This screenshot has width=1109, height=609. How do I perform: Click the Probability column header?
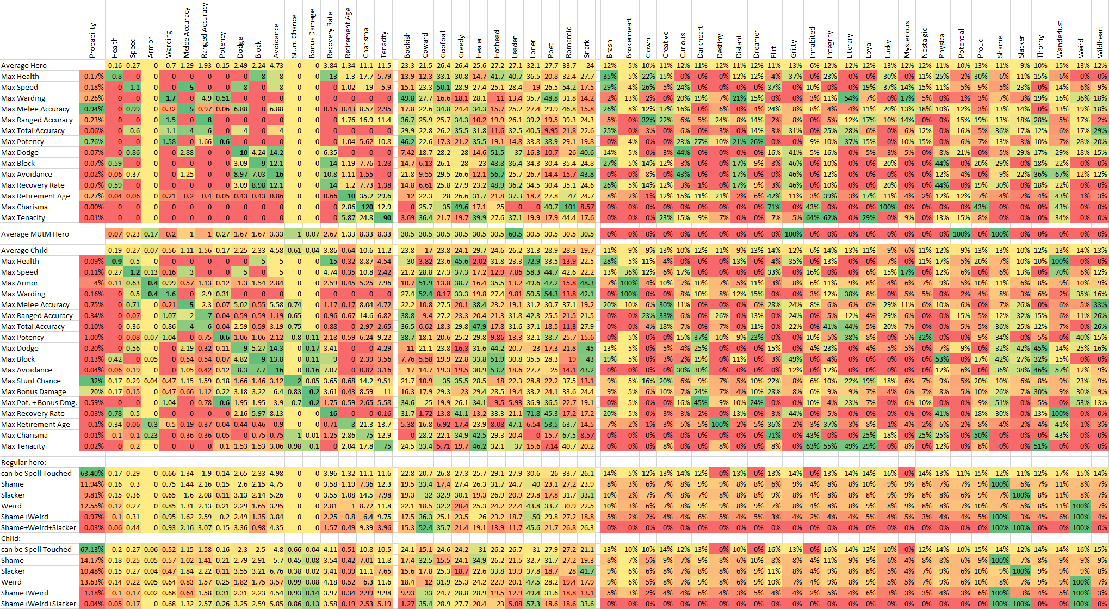(x=92, y=41)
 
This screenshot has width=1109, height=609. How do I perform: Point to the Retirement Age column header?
(x=348, y=33)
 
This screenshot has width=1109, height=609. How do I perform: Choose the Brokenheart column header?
(x=629, y=38)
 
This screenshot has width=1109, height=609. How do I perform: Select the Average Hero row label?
(x=24, y=65)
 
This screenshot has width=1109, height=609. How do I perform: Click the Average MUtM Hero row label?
(x=35, y=234)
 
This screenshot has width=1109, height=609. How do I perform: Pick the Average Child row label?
(x=24, y=250)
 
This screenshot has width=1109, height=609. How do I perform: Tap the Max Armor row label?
(x=20, y=283)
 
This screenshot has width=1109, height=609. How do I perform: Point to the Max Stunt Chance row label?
(x=31, y=381)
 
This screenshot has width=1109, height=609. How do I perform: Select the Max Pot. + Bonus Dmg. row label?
(x=39, y=402)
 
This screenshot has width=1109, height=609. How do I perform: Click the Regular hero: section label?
(x=23, y=462)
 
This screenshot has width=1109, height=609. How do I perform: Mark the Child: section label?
(x=11, y=538)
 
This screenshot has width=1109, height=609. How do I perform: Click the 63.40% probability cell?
(x=92, y=473)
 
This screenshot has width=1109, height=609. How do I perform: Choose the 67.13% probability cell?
(x=92, y=549)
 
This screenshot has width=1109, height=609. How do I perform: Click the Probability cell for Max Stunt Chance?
(x=92, y=381)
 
